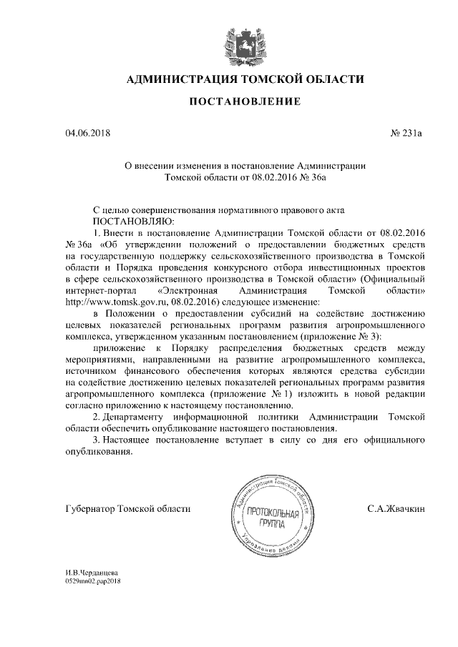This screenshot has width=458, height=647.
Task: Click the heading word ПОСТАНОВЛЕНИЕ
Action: point(244,103)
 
